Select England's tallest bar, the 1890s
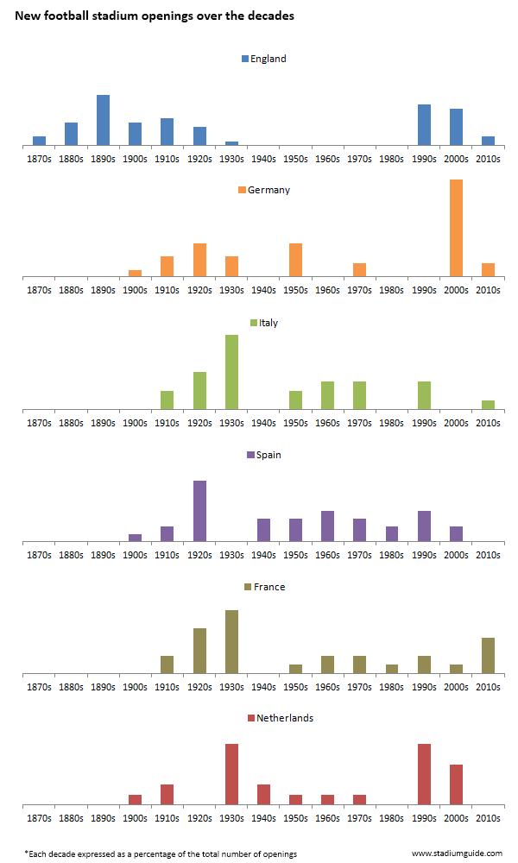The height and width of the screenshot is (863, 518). [x=103, y=120]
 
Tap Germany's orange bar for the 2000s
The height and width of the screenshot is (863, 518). [x=456, y=228]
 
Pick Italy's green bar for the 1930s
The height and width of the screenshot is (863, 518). [x=231, y=372]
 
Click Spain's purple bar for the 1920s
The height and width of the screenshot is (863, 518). [x=199, y=511]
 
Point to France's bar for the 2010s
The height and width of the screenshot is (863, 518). [x=488, y=655]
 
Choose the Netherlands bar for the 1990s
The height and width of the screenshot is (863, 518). [x=424, y=773]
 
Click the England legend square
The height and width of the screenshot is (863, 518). [x=245, y=59]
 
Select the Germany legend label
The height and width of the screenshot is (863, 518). [x=268, y=190]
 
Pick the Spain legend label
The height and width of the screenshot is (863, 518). [x=268, y=455]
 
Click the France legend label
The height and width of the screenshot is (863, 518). [x=269, y=587]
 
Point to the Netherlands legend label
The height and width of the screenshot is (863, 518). [x=285, y=718]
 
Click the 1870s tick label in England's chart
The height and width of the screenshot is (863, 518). [x=39, y=160]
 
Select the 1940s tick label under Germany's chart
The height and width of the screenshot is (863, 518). [x=263, y=291]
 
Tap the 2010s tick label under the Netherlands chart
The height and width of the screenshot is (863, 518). [x=488, y=817]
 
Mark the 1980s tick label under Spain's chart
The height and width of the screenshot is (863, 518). [x=392, y=555]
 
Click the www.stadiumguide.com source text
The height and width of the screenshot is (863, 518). [x=457, y=853]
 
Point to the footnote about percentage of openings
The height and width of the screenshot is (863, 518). [x=160, y=854]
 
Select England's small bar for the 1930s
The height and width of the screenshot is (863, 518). [x=231, y=143]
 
